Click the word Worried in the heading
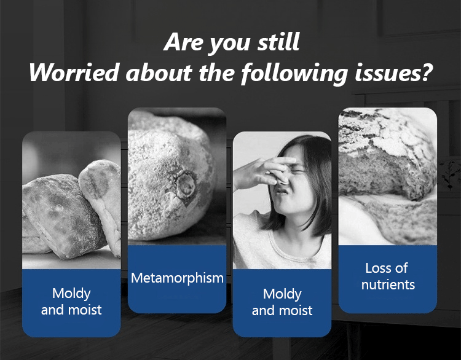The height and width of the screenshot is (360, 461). pos(74,72)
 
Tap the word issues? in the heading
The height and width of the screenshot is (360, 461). pos(393,72)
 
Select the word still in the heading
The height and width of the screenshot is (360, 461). pos(278,42)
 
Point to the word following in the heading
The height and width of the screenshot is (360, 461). pos(294,74)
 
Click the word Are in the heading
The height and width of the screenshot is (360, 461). pos(183,42)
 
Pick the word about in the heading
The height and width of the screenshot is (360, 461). pos(159,72)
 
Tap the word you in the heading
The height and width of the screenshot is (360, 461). pos(230,45)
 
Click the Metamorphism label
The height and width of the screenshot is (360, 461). pos(177,278)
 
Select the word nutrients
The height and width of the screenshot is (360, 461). pos(388,284)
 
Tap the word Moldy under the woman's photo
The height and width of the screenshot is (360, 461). pos(282,294)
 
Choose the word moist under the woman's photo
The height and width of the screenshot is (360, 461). pos(297,310)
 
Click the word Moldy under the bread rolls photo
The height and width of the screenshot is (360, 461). pos(71,294)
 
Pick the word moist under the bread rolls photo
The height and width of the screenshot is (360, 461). pos(87,310)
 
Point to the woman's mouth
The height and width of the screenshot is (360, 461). pos(281,192)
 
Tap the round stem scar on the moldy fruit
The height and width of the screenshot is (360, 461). pos(185,185)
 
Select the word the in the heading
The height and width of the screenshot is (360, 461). pos(216,72)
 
